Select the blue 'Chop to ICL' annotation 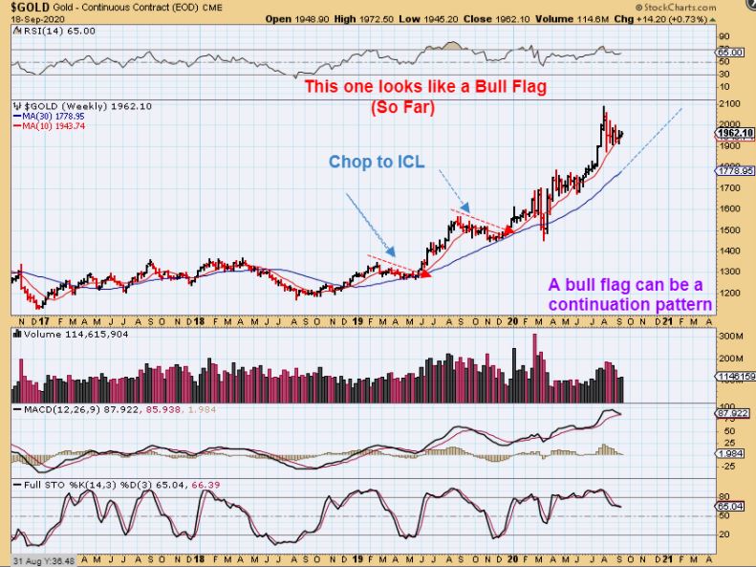click(x=376, y=162)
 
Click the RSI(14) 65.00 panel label click(x=45, y=30)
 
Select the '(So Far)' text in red click(x=401, y=108)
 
